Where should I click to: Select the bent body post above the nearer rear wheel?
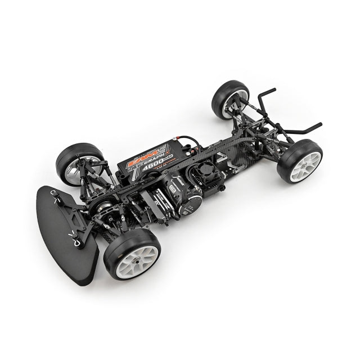[x=304, y=129]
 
